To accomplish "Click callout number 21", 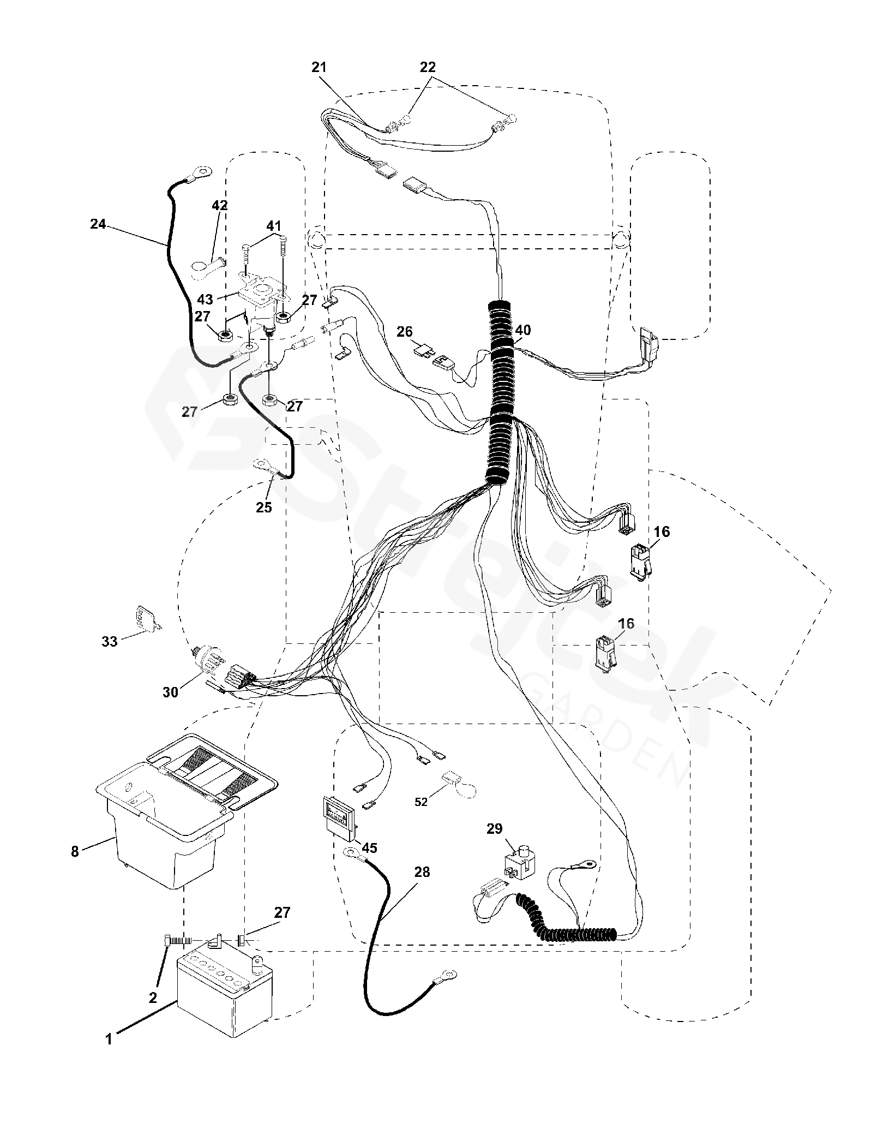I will [x=319, y=67].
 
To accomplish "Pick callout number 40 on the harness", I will [x=522, y=330].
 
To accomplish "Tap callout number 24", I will [x=98, y=223].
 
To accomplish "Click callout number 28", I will [x=422, y=872].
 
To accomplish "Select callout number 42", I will [x=220, y=206].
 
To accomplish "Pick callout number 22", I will [x=428, y=67].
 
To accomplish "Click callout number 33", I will [x=110, y=641].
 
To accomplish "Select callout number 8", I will [x=75, y=851].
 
